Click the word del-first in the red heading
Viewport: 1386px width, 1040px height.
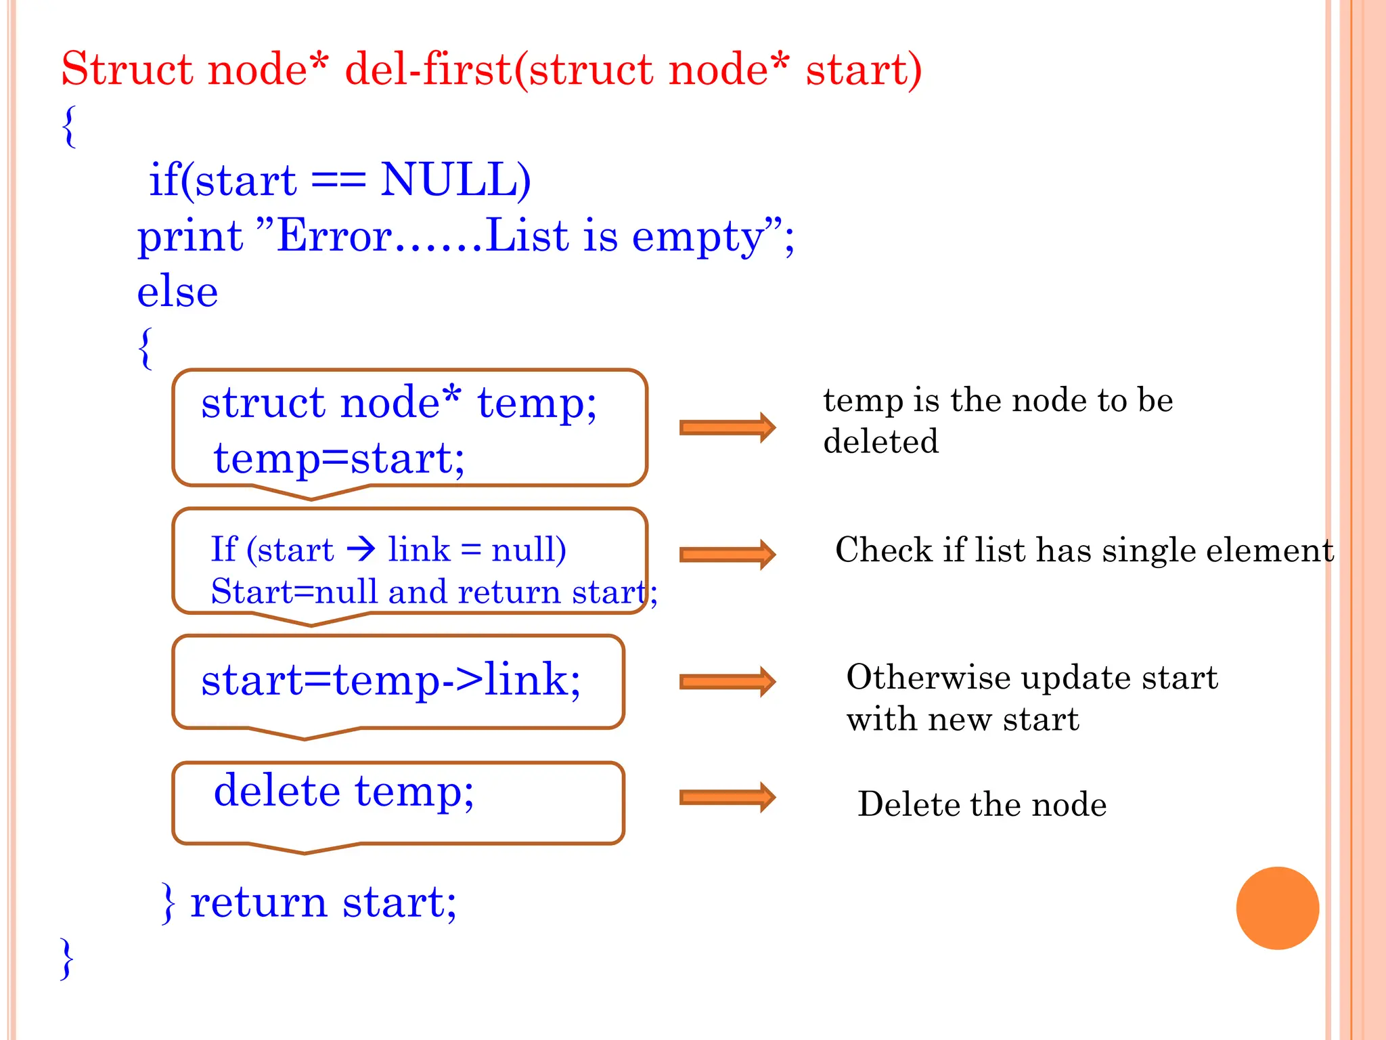(428, 70)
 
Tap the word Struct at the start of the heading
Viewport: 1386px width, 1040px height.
(127, 70)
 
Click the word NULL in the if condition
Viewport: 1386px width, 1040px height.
(455, 180)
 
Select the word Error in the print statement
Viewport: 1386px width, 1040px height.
(334, 236)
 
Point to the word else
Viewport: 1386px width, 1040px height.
(177, 292)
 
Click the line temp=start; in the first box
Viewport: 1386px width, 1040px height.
(339, 458)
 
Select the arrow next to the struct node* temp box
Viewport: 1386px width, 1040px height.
(727, 427)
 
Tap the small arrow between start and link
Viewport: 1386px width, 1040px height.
(361, 548)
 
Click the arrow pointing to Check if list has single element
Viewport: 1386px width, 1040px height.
(727, 555)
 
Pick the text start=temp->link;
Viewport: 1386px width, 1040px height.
(390, 680)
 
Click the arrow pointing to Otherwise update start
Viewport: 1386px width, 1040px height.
(727, 682)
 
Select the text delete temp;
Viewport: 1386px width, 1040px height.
(344, 791)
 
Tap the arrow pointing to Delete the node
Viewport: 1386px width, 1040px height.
(727, 797)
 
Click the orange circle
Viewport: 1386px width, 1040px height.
(1277, 908)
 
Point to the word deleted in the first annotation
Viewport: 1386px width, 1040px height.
(880, 441)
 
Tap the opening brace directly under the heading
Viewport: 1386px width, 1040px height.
(68, 127)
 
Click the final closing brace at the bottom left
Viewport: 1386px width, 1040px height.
(66, 959)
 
